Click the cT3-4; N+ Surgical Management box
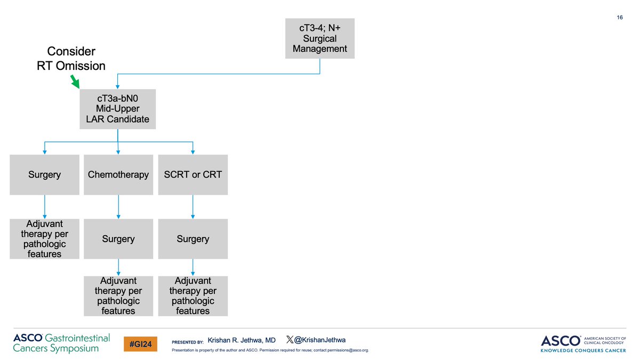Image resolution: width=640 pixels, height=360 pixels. [x=319, y=38]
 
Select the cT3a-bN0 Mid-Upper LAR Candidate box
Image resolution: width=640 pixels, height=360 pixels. [x=118, y=109]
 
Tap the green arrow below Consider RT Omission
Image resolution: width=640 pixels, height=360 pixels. [x=75, y=82]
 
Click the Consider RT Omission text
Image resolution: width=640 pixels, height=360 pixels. [x=71, y=59]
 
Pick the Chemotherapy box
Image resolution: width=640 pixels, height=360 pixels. [x=118, y=174]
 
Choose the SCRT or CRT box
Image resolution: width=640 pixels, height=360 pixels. [x=193, y=174]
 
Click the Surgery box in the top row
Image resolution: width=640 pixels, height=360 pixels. [x=44, y=174]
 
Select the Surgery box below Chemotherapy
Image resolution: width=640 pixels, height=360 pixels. [x=118, y=239]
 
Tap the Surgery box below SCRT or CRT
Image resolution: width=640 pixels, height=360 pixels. [x=193, y=239]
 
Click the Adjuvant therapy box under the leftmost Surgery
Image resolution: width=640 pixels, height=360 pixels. [x=44, y=239]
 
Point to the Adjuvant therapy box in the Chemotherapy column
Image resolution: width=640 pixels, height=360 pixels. [x=118, y=295]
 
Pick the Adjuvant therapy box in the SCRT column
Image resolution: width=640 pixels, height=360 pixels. [x=193, y=295]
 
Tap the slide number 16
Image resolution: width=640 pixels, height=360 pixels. [x=620, y=18]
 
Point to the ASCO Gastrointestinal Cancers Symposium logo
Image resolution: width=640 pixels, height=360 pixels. [x=61, y=343]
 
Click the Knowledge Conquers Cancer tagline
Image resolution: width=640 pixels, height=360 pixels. [x=583, y=350]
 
